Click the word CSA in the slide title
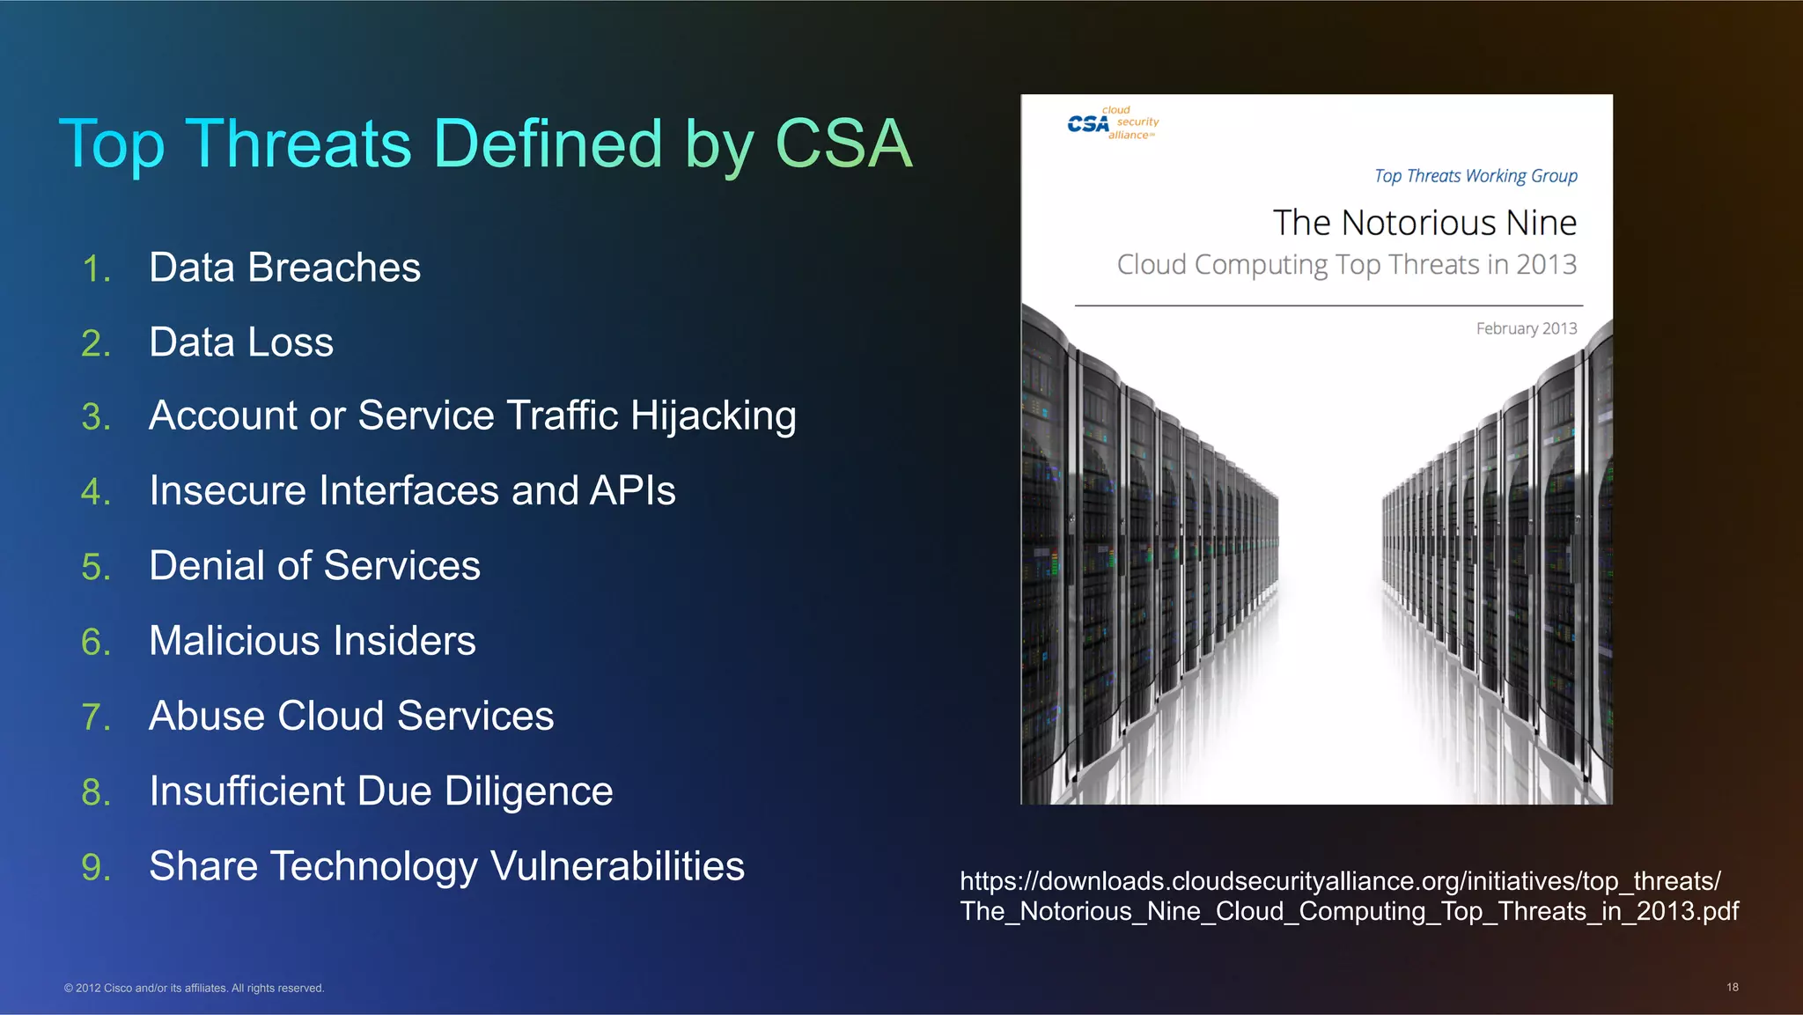click(843, 143)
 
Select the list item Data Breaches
click(284, 268)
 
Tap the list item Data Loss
click(241, 342)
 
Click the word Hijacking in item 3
click(713, 416)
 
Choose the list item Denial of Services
click(314, 565)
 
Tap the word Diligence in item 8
click(528, 791)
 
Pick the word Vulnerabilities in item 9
click(617, 866)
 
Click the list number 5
click(96, 567)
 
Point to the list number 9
click(96, 867)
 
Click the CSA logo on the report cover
click(1113, 123)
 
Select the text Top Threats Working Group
click(1476, 176)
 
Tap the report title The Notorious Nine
click(1424, 223)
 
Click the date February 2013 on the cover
click(1526, 328)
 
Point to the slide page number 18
click(1732, 987)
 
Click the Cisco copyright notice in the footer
click(194, 988)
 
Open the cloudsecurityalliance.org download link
click(1348, 895)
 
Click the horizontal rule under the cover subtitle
click(1328, 305)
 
